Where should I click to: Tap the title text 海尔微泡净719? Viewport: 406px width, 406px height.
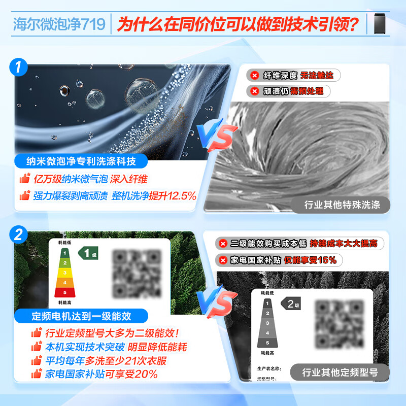click(59, 24)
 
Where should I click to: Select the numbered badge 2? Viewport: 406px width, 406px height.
click(18, 235)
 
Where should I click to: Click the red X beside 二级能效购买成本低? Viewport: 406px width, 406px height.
click(222, 244)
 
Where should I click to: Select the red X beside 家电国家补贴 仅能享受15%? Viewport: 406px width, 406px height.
click(222, 260)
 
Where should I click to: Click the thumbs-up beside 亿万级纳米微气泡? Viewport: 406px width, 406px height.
click(24, 179)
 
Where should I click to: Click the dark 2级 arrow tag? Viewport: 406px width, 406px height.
click(292, 304)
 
